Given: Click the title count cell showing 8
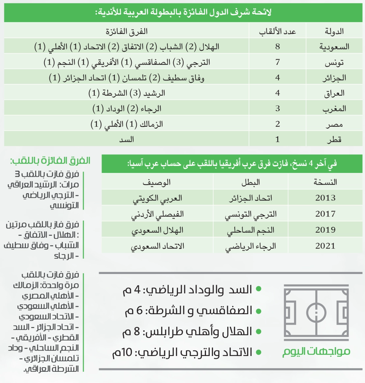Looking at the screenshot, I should coord(277,46).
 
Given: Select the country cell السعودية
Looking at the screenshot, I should coord(334,47).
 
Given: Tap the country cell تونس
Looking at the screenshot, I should coord(334,62).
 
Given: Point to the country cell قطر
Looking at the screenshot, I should coord(334,139).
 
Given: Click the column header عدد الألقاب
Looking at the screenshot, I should coord(277,31).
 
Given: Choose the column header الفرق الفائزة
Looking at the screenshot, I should coord(127,31).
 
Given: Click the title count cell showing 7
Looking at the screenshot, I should coord(277,62).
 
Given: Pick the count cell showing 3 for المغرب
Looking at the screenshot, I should coord(277,108).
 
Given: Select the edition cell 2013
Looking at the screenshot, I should coord(325,198).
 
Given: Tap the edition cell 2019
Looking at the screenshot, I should coord(325,230).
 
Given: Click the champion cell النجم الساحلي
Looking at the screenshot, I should coord(251,230).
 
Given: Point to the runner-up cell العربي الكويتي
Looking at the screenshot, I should coord(157,198).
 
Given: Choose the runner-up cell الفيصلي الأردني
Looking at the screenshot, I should coord(157,214).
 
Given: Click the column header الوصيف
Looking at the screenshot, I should coord(157,182).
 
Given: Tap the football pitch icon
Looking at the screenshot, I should coord(316,312).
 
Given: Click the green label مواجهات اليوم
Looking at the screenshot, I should coord(316,351).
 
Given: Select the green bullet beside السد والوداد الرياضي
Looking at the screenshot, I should coord(259,289).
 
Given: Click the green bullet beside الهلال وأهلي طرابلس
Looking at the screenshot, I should coord(259,332).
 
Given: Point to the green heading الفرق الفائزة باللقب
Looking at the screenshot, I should coord(50,161).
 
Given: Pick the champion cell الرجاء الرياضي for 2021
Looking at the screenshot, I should coord(251,246).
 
